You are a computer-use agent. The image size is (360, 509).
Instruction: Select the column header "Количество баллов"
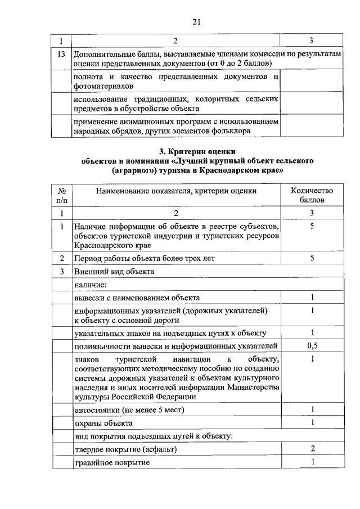tap(312, 195)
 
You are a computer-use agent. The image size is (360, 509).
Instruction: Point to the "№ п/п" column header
tap(61, 195)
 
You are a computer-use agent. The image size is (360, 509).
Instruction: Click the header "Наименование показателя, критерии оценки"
tap(176, 191)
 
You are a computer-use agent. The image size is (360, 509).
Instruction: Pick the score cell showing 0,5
tap(312, 346)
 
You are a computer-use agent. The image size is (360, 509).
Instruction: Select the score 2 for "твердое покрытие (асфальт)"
tap(312, 449)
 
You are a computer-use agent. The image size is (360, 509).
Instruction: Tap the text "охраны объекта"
tap(103, 422)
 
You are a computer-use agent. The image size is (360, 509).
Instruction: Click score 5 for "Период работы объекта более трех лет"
tap(312, 258)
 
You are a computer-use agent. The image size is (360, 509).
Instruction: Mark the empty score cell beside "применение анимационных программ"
tap(312, 125)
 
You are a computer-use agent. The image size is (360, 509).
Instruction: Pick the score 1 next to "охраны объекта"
tap(312, 422)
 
